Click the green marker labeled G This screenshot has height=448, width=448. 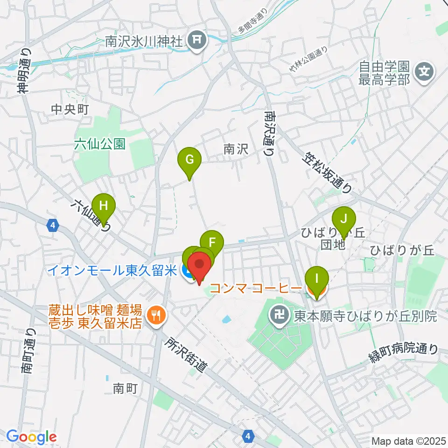point(189,160)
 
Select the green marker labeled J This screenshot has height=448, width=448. point(344,218)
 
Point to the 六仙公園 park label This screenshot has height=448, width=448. point(99,144)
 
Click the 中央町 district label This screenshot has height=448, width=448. point(70,110)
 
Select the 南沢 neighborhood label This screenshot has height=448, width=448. point(235,149)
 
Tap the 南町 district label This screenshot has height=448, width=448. point(125,388)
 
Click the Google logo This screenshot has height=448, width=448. point(31,437)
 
